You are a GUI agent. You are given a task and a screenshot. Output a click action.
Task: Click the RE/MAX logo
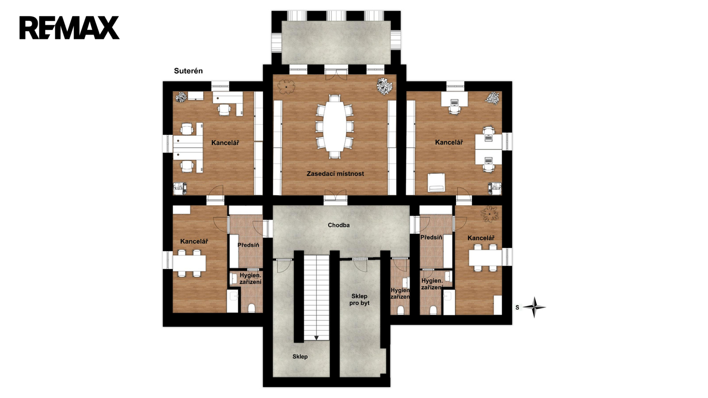(x=69, y=28)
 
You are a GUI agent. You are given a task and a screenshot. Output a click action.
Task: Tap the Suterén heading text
(x=189, y=71)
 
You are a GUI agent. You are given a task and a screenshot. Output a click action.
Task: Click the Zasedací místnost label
(x=335, y=174)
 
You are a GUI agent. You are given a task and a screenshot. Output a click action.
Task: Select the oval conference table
(x=335, y=126)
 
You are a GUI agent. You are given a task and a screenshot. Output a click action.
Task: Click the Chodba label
(x=339, y=225)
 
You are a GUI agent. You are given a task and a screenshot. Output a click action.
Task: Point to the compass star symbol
(x=534, y=307)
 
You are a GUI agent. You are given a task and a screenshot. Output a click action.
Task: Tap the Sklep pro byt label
(x=359, y=299)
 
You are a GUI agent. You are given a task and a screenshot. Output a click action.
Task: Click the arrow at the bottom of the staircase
(x=316, y=338)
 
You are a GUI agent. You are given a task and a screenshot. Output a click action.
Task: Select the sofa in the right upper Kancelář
(x=436, y=183)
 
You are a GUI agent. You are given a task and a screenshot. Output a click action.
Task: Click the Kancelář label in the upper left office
(x=225, y=143)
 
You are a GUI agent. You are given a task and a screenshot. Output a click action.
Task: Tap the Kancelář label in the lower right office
(x=481, y=238)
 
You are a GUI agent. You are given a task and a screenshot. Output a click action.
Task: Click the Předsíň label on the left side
(x=248, y=245)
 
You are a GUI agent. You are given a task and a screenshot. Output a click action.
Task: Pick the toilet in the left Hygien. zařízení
(x=252, y=308)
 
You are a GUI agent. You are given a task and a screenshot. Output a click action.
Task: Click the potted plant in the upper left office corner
(x=181, y=97)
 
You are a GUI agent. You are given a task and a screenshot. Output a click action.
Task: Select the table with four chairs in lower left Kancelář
(x=189, y=263)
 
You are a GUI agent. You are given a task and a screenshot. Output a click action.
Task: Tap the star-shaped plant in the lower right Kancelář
(x=489, y=214)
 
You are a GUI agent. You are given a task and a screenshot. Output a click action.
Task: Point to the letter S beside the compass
(x=517, y=307)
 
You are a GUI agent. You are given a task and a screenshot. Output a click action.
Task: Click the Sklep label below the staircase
(x=300, y=356)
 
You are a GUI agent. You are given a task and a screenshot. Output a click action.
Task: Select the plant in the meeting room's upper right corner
(x=385, y=86)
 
